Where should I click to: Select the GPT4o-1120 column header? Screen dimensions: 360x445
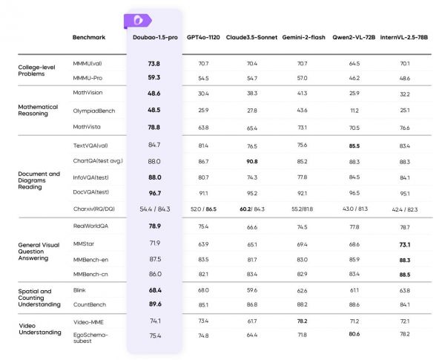pos(202,36)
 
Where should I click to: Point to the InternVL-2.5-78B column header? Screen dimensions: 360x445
pos(404,36)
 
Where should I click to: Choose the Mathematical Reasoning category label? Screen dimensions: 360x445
pos(37,110)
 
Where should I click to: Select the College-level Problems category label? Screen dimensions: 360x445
pos(38,71)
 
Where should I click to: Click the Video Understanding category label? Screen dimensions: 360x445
pos(39,327)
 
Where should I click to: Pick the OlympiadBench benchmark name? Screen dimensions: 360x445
pos(93,110)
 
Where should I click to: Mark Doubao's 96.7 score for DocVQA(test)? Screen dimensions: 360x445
pos(154,192)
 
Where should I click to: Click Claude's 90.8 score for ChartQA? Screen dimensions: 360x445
pos(251,160)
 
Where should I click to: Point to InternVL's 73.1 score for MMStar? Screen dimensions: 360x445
pos(404,243)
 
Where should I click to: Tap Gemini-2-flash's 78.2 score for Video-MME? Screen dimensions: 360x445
pos(302,321)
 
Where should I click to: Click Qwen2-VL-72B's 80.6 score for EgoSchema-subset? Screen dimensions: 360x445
pos(354,336)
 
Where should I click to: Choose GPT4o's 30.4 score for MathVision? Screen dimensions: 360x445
pos(202,94)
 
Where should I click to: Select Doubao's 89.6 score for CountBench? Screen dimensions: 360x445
pos(154,303)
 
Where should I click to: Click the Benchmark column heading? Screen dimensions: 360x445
pos(88,37)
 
